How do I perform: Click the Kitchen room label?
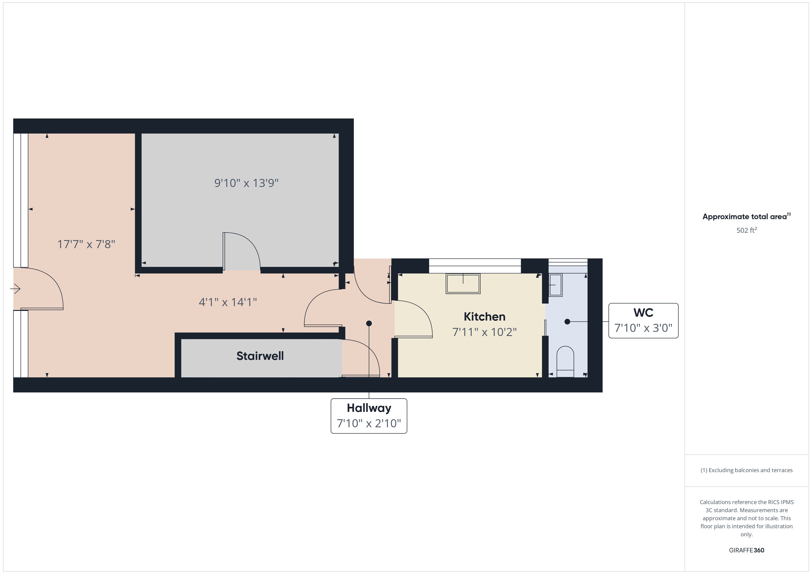point(484,316)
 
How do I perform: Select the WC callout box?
point(643,321)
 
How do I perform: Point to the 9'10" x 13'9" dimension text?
point(246,183)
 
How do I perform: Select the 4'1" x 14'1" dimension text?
point(228,302)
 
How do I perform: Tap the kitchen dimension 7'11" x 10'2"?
point(484,332)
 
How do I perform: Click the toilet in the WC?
point(565,361)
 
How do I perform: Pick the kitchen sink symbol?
point(463,284)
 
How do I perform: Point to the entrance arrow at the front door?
point(15,289)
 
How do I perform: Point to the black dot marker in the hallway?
point(369,323)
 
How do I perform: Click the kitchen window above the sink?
point(475,266)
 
